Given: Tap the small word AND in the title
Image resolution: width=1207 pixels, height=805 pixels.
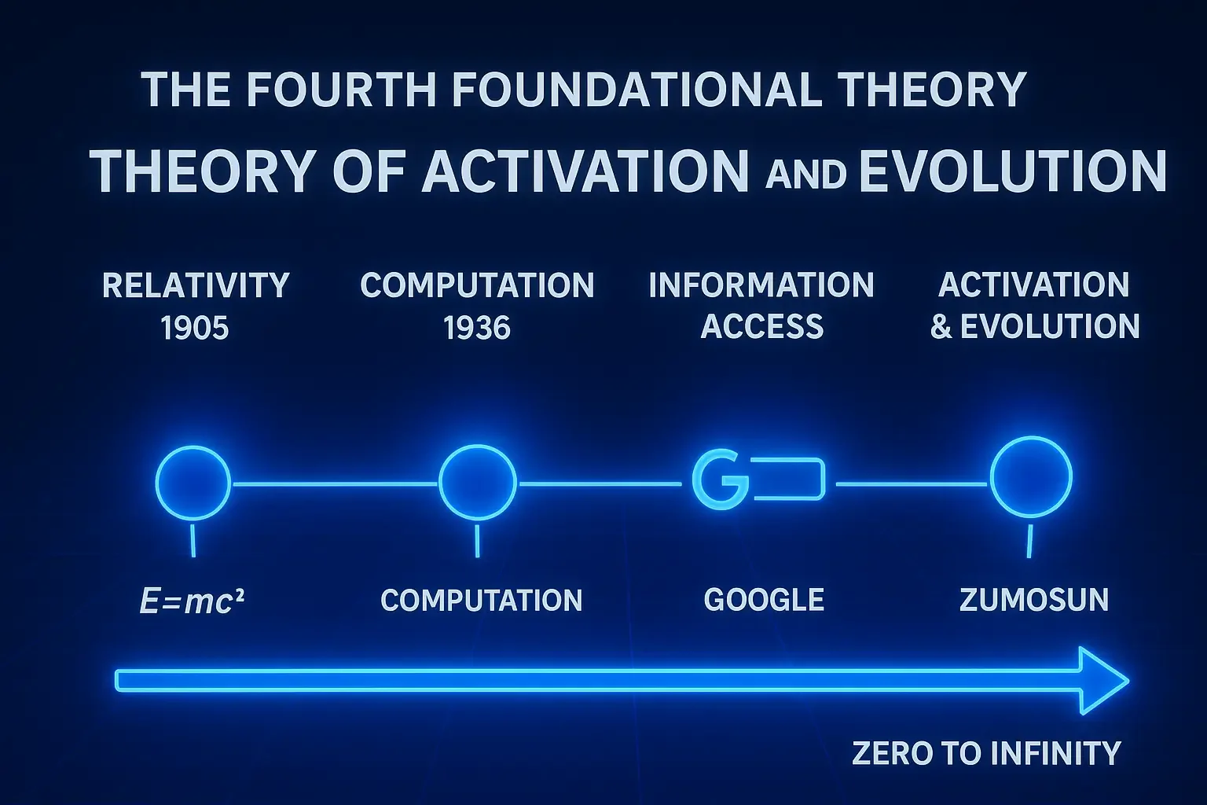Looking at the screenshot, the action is click(805, 175).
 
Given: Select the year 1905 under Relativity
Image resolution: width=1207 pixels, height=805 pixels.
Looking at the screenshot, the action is click(195, 328).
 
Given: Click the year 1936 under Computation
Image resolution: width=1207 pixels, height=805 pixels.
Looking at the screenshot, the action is click(477, 328).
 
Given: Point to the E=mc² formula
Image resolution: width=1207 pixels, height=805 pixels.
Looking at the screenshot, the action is click(192, 601).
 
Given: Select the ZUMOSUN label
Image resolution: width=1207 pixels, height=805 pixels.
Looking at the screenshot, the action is click(1034, 600).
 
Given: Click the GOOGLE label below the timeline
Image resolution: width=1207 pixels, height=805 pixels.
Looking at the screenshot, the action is click(764, 600).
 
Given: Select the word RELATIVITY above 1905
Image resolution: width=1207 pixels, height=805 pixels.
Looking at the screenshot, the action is click(196, 285).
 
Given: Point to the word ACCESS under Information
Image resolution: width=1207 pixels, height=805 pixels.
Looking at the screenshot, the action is click(762, 327).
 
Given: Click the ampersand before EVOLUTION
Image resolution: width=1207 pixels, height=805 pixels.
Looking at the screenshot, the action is click(941, 327).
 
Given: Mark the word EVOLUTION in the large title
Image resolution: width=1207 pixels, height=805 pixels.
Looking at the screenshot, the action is click(1013, 171).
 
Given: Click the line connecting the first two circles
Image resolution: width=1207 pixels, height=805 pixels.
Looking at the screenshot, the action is click(335, 484).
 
